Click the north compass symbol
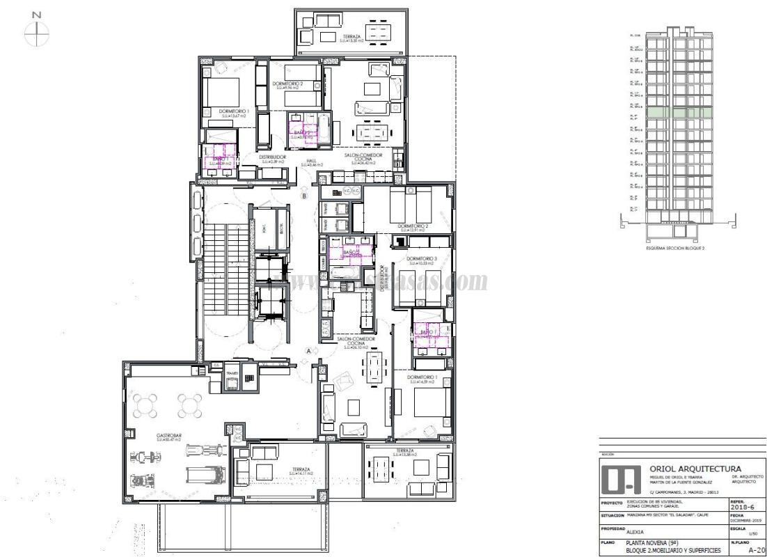[36, 31]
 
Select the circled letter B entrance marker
[304, 196]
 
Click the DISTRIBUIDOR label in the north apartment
[272, 157]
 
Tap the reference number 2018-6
[742, 508]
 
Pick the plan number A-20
[757, 549]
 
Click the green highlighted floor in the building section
[673, 112]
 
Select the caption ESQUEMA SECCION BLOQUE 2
[675, 248]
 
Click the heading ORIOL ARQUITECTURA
[695, 469]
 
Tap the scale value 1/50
[751, 534]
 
